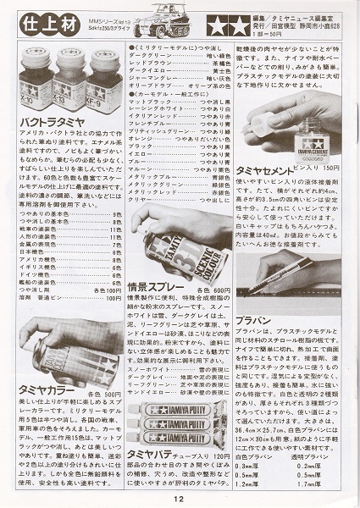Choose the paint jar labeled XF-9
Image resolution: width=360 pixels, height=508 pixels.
pyautogui.click(x=102, y=76)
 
